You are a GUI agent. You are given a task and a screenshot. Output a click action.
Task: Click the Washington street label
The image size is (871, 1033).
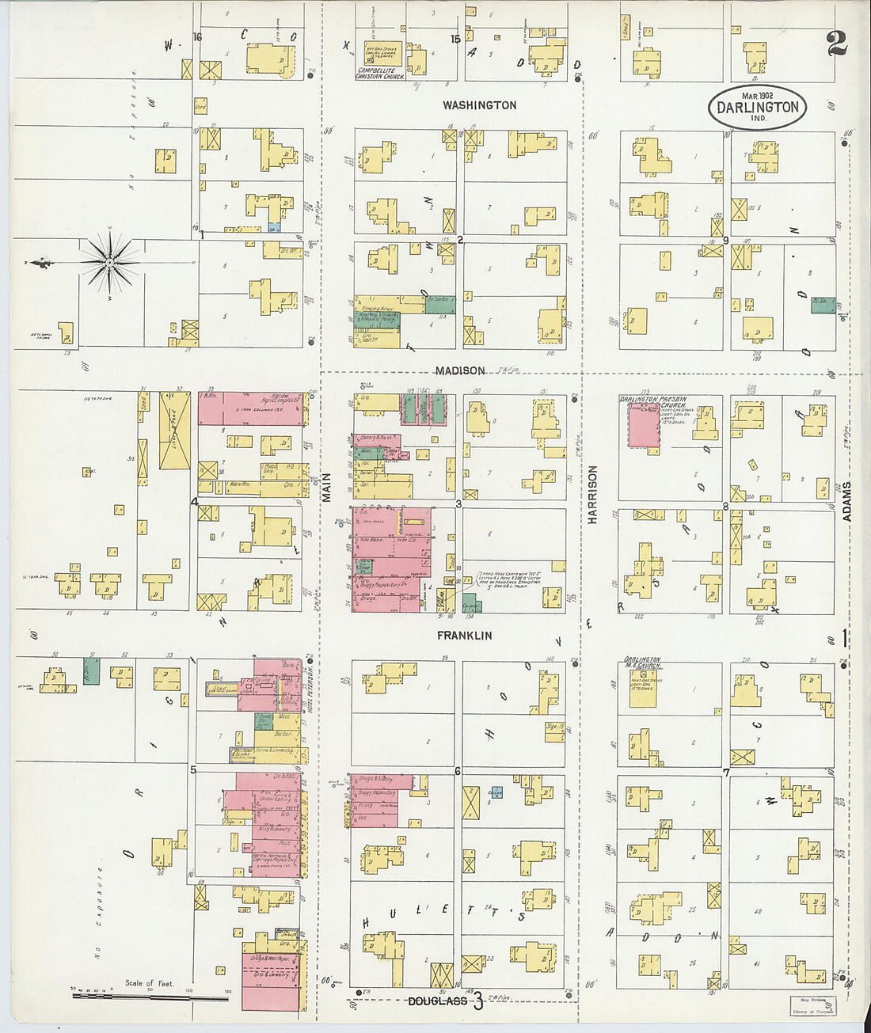click(479, 105)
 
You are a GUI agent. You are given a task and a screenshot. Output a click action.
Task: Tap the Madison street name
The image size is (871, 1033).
click(459, 370)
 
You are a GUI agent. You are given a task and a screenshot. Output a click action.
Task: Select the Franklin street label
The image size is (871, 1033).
click(464, 636)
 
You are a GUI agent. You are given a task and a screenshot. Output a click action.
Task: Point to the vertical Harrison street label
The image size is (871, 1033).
click(592, 494)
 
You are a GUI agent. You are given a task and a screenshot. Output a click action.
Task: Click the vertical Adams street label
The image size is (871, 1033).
click(846, 500)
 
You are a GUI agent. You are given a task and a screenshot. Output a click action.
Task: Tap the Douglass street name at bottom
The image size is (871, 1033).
click(437, 1002)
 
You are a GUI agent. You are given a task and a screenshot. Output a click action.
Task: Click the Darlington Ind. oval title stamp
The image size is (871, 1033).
click(757, 108)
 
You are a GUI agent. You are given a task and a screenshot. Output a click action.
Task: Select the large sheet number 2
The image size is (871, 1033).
click(835, 44)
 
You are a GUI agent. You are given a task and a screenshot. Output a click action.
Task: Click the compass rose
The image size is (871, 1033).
click(109, 261)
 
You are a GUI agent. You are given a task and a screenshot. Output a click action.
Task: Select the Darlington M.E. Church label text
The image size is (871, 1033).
click(641, 663)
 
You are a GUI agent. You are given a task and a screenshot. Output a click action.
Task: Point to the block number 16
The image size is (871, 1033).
click(198, 37)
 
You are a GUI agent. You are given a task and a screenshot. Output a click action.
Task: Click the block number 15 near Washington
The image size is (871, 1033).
click(455, 39)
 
